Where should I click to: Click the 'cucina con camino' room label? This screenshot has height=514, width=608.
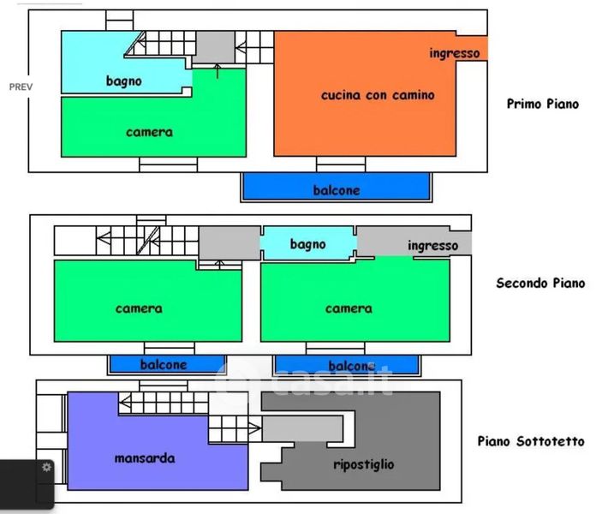coord(378,95)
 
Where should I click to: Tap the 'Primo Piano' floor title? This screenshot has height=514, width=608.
coord(543,104)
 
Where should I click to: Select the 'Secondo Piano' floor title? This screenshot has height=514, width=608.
coord(540,283)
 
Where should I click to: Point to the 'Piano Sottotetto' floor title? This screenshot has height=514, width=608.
coord(531,441)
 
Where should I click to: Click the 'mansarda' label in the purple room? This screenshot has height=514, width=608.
coord(145,458)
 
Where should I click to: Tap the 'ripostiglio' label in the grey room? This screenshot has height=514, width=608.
coord(364,464)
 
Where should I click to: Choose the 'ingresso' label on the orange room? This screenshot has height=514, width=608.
coord(455,53)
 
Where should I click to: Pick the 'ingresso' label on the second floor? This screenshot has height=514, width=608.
coord(432,246)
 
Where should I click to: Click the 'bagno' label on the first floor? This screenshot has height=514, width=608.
coord(123,81)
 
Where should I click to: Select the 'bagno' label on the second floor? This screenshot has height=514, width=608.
coord(308,244)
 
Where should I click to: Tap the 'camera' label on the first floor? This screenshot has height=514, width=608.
coord(149,132)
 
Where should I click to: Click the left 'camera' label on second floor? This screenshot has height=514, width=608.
coord(139,308)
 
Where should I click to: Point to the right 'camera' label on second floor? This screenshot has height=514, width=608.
coord(349,308)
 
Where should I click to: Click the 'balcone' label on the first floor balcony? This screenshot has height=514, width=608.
coord(337,190)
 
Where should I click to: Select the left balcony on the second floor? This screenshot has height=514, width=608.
coord(167,365)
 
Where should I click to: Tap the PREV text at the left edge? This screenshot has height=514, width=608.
coord(21,87)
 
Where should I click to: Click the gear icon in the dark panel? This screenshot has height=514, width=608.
coord(46,467)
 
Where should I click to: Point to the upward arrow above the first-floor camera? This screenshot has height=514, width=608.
coord(218,71)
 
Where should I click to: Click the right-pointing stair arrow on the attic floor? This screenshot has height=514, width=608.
coord(254,428)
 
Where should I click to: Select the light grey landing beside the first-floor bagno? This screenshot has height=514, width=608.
coord(213,47)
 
